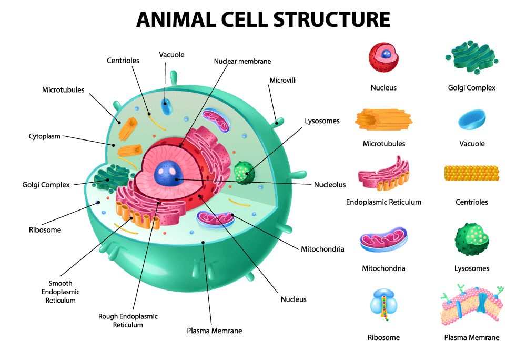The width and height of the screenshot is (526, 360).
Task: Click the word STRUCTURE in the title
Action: coord(332,19)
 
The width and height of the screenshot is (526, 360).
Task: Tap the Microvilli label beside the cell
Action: coord(283,80)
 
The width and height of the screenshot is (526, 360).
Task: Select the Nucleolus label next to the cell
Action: coord(330,185)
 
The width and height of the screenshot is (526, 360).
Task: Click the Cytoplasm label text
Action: coord(45,136)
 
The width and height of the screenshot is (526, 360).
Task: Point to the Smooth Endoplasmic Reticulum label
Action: coord(60,292)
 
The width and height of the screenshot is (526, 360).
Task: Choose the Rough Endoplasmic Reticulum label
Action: coord(128,321)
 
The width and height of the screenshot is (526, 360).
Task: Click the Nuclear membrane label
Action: coord(242,61)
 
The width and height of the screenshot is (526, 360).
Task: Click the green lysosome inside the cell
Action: coord(244,173)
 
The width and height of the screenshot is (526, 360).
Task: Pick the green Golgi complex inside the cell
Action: coord(112,178)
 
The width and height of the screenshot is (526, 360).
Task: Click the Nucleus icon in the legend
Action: coord(383,57)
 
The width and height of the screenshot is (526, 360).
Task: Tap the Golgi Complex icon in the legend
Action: coord(472,57)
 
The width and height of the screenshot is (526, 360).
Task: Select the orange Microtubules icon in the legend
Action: coord(383,119)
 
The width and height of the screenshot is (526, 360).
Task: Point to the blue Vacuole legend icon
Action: coord(472,119)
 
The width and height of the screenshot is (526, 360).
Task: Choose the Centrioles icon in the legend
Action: coord(472,173)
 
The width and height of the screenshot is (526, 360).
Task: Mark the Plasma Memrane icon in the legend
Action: coord(472,305)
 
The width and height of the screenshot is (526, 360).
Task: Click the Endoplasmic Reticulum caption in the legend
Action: coord(383,202)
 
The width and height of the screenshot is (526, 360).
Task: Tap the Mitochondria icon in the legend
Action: coord(383,239)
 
